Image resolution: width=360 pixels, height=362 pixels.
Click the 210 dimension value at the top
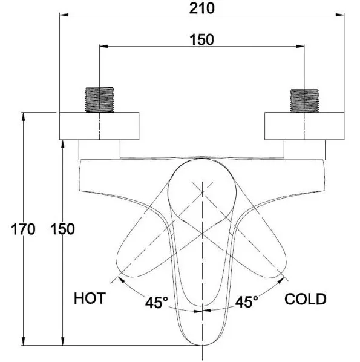201,8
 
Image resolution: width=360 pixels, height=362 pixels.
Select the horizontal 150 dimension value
201,40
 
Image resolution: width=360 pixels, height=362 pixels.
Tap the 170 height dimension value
23,229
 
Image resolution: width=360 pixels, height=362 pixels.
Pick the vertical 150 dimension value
62,229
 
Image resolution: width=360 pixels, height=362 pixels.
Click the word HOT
90,298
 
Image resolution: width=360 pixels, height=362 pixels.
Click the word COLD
306,299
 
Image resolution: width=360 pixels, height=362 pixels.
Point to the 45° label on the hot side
157,302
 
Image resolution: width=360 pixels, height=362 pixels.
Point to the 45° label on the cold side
247,301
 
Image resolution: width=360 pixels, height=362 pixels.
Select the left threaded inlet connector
99,99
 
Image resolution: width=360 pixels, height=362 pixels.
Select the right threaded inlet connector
304,100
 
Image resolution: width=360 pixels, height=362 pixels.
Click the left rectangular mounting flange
99,126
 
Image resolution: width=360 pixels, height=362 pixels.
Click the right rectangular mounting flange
304,126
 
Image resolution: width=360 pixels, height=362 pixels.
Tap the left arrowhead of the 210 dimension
64,15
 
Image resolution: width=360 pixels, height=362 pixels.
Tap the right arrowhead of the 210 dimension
340,15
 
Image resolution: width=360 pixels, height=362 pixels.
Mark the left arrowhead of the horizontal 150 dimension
104,47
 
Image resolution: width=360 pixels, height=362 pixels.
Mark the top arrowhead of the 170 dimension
23,117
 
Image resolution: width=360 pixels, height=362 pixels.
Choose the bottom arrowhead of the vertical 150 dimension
62,341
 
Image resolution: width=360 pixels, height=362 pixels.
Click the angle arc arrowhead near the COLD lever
281,280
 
